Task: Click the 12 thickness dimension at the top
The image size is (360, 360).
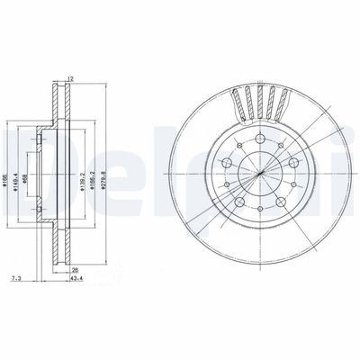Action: [x=69, y=78]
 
